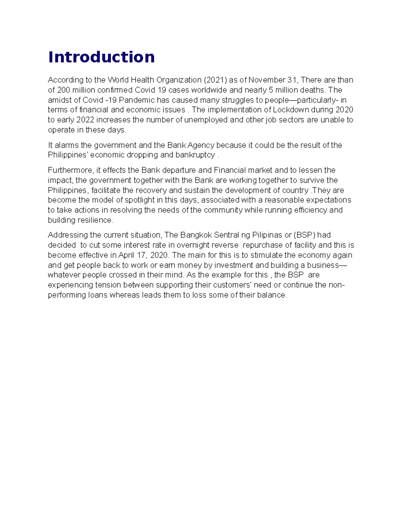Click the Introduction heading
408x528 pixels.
(101, 57)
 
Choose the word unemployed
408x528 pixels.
(206, 120)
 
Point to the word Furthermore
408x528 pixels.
(70, 170)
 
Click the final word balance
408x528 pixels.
(273, 295)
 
